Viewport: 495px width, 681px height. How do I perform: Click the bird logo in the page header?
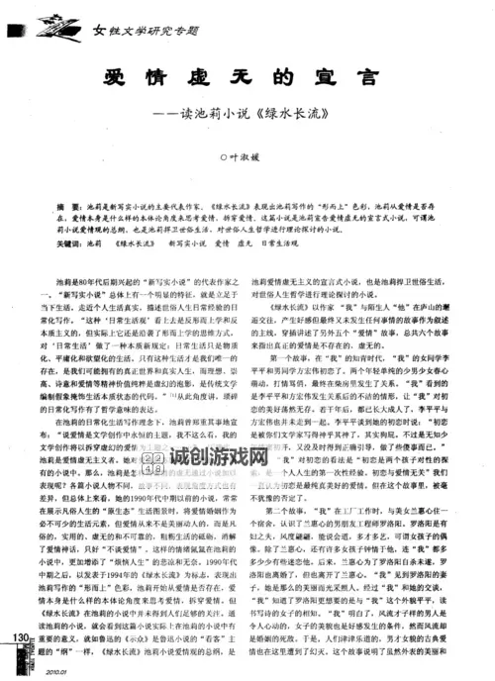click(x=66, y=30)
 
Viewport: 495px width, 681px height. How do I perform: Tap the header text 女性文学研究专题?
click(x=148, y=31)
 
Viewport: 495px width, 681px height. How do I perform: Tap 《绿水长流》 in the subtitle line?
click(x=313, y=112)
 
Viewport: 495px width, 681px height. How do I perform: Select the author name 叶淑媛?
click(x=248, y=156)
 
